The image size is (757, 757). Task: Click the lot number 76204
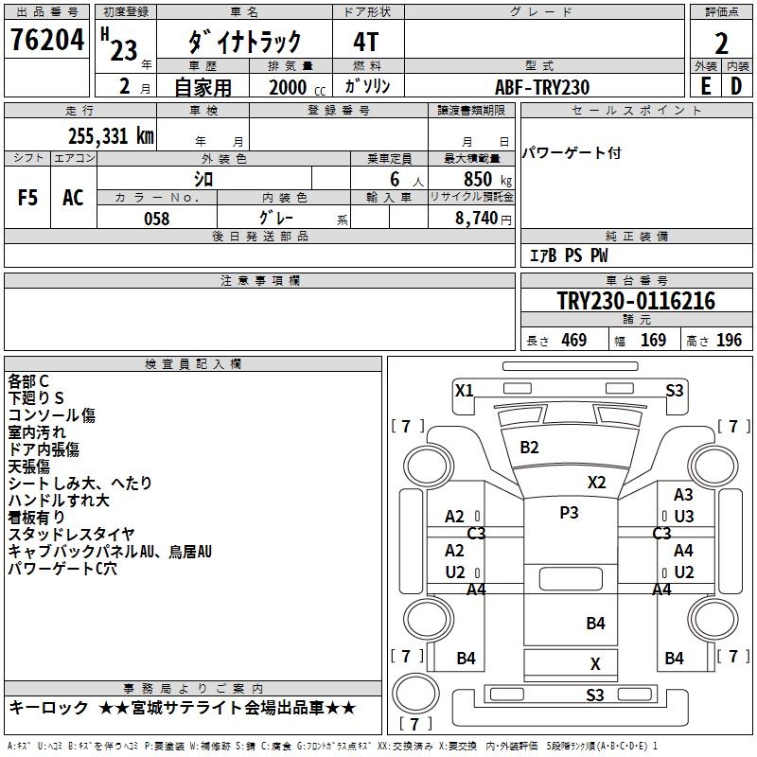(45, 42)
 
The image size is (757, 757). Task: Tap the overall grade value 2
(722, 44)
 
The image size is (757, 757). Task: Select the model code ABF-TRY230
(542, 87)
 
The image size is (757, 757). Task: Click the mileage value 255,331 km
(111, 135)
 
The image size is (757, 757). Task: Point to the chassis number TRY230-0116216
(636, 301)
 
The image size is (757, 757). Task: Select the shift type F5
(28, 198)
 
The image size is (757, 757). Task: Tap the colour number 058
(156, 219)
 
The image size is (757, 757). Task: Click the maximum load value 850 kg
(478, 179)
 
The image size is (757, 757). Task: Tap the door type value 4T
(366, 42)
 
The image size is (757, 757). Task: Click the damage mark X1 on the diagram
(464, 390)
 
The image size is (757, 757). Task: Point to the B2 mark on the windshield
(529, 448)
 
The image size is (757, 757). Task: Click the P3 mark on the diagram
(568, 513)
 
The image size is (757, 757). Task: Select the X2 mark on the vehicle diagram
(596, 482)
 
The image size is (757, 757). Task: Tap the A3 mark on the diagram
(683, 495)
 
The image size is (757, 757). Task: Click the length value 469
(572, 341)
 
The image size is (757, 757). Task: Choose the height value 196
(729, 341)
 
